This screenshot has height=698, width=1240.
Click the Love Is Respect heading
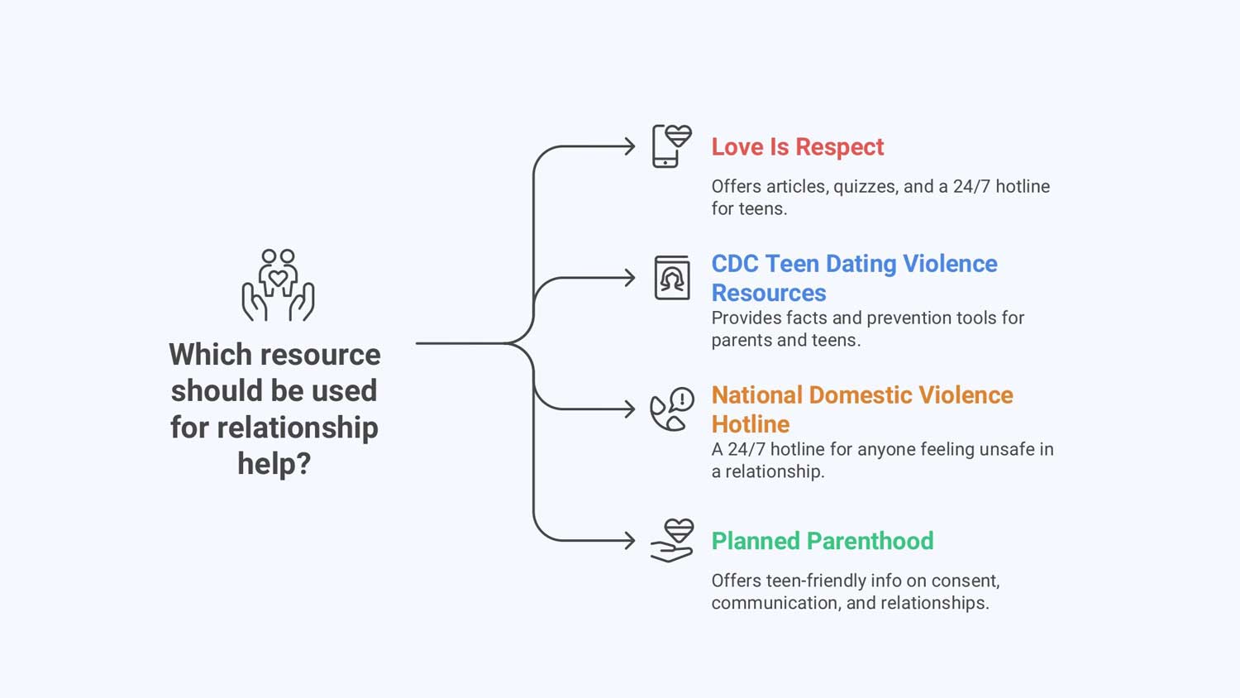[x=797, y=147]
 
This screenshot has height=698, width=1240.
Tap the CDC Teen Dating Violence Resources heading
[x=854, y=278]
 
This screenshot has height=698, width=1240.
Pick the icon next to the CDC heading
[x=672, y=278]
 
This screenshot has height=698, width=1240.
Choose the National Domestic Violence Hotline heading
[x=861, y=409]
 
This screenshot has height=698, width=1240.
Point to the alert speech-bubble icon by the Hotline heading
[x=671, y=409]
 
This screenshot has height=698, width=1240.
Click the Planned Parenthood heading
[x=822, y=541]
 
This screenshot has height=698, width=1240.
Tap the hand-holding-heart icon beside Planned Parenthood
[x=671, y=541]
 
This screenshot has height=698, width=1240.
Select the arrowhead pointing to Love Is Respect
[x=630, y=147]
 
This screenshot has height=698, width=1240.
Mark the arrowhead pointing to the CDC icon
[x=630, y=278]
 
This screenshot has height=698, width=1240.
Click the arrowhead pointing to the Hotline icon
[x=630, y=409]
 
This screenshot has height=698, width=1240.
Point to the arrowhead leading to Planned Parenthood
[x=630, y=541]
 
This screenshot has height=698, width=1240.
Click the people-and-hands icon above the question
[x=278, y=285]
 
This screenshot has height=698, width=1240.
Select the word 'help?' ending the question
[x=274, y=464]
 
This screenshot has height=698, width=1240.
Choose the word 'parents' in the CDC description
[x=742, y=341]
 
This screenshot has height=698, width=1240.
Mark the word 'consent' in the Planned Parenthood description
[x=967, y=581]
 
